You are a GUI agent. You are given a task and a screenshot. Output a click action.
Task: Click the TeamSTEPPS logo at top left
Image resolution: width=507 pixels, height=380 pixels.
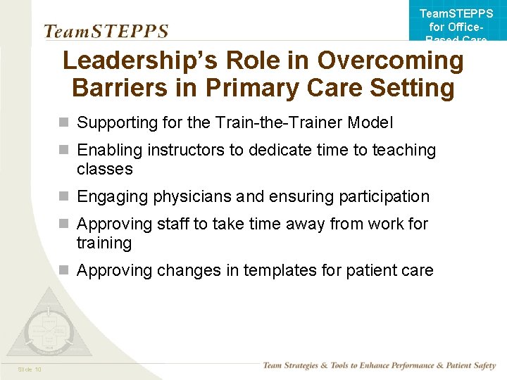coord(106,32)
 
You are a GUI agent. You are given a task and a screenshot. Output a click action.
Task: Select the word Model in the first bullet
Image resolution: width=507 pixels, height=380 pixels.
coord(371,122)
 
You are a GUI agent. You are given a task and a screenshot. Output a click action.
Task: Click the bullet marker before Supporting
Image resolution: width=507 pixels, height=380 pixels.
coord(64,122)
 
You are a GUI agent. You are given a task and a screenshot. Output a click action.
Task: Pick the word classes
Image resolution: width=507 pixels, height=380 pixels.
coord(104,169)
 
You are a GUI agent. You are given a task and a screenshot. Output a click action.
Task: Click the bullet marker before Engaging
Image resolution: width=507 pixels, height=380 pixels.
coord(64,196)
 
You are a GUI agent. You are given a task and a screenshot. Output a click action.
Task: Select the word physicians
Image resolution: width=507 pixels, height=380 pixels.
coord(187,196)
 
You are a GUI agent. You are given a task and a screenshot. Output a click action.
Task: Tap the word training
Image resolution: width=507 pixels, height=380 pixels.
coord(104,243)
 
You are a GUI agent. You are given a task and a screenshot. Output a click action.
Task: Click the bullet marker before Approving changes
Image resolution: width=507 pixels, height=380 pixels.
coord(64,270)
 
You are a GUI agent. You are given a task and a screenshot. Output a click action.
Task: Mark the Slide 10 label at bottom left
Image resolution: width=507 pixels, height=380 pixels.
coord(30,369)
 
